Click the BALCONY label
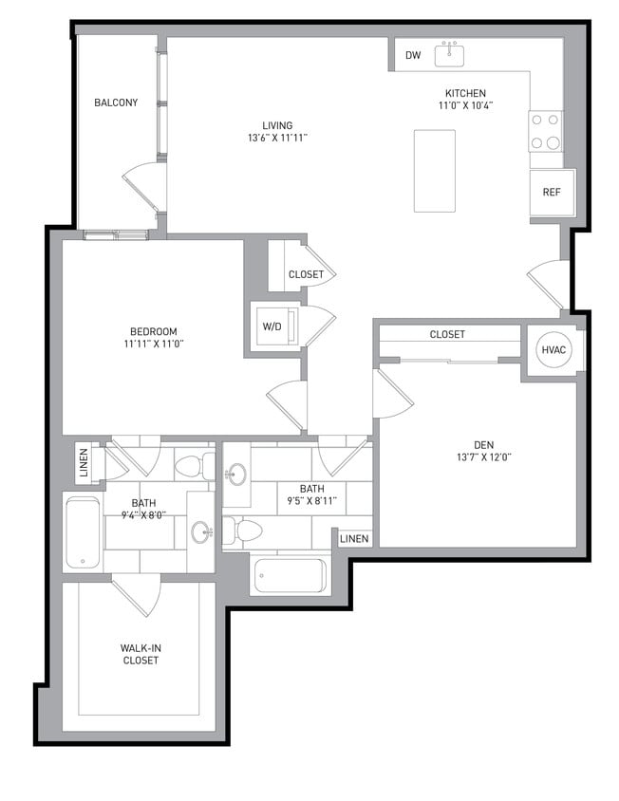(x=116, y=102)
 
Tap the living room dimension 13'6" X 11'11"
(x=277, y=139)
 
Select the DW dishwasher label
(x=413, y=56)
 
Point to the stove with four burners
(x=545, y=132)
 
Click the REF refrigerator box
(x=551, y=193)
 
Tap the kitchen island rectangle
(x=435, y=171)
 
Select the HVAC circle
(x=553, y=349)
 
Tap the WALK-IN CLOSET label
(x=140, y=654)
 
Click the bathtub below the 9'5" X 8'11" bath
(x=289, y=575)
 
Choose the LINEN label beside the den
(x=354, y=539)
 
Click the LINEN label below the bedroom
(x=84, y=462)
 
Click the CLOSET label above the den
(x=447, y=335)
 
